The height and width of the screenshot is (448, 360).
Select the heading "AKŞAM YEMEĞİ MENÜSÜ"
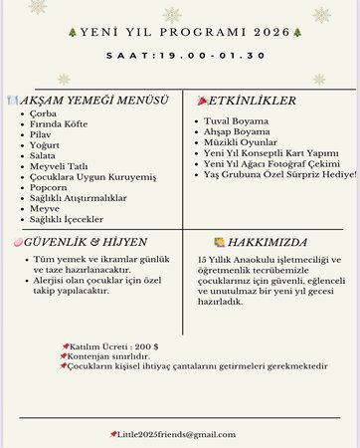[94, 101]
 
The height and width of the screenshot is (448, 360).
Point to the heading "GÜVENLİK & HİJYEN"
[85, 242]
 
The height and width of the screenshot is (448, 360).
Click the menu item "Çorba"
[44, 113]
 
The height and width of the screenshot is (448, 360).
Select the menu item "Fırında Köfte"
[59, 124]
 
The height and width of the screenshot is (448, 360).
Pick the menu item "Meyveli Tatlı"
[59, 165]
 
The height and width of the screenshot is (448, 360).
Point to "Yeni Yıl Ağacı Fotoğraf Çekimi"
[273, 163]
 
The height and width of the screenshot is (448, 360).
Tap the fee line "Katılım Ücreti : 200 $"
[118, 346]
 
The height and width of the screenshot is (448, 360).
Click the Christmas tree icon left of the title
[71, 32]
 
